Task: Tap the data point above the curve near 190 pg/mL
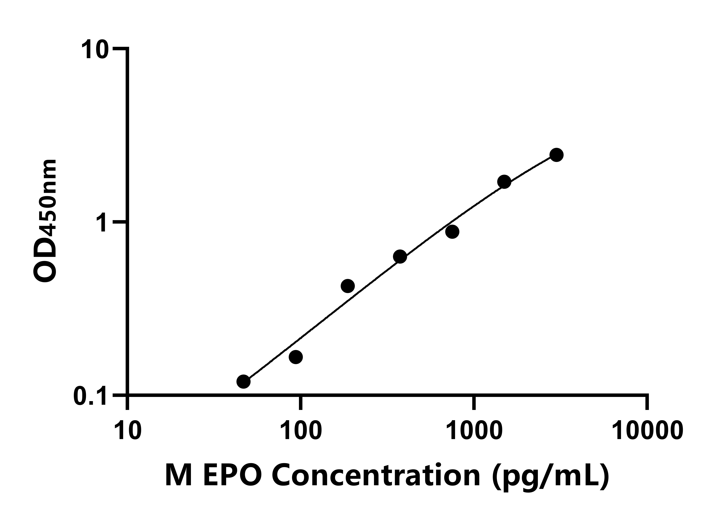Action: click(x=348, y=286)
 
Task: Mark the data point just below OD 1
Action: click(x=452, y=232)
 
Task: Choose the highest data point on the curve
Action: click(x=556, y=155)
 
